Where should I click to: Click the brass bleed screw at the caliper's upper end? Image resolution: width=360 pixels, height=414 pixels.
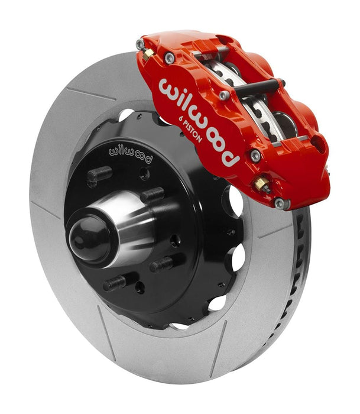coord(148,53)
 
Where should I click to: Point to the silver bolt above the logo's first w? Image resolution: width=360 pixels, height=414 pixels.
coord(170,57)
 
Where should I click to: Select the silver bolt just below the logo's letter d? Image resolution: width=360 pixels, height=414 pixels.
coord(255,156)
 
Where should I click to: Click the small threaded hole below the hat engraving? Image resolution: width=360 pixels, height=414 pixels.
coord(144,173)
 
